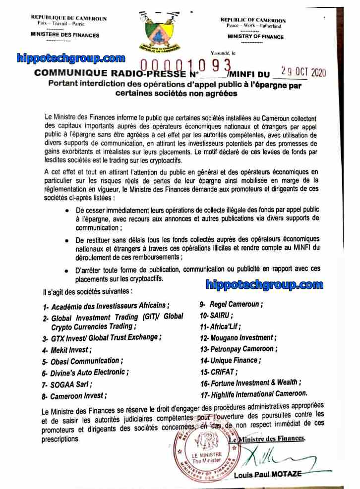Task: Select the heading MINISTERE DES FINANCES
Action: click(x=65, y=35)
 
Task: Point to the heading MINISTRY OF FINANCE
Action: click(x=255, y=37)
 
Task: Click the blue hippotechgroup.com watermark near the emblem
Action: click(x=70, y=58)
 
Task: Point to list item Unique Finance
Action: click(x=234, y=360)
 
